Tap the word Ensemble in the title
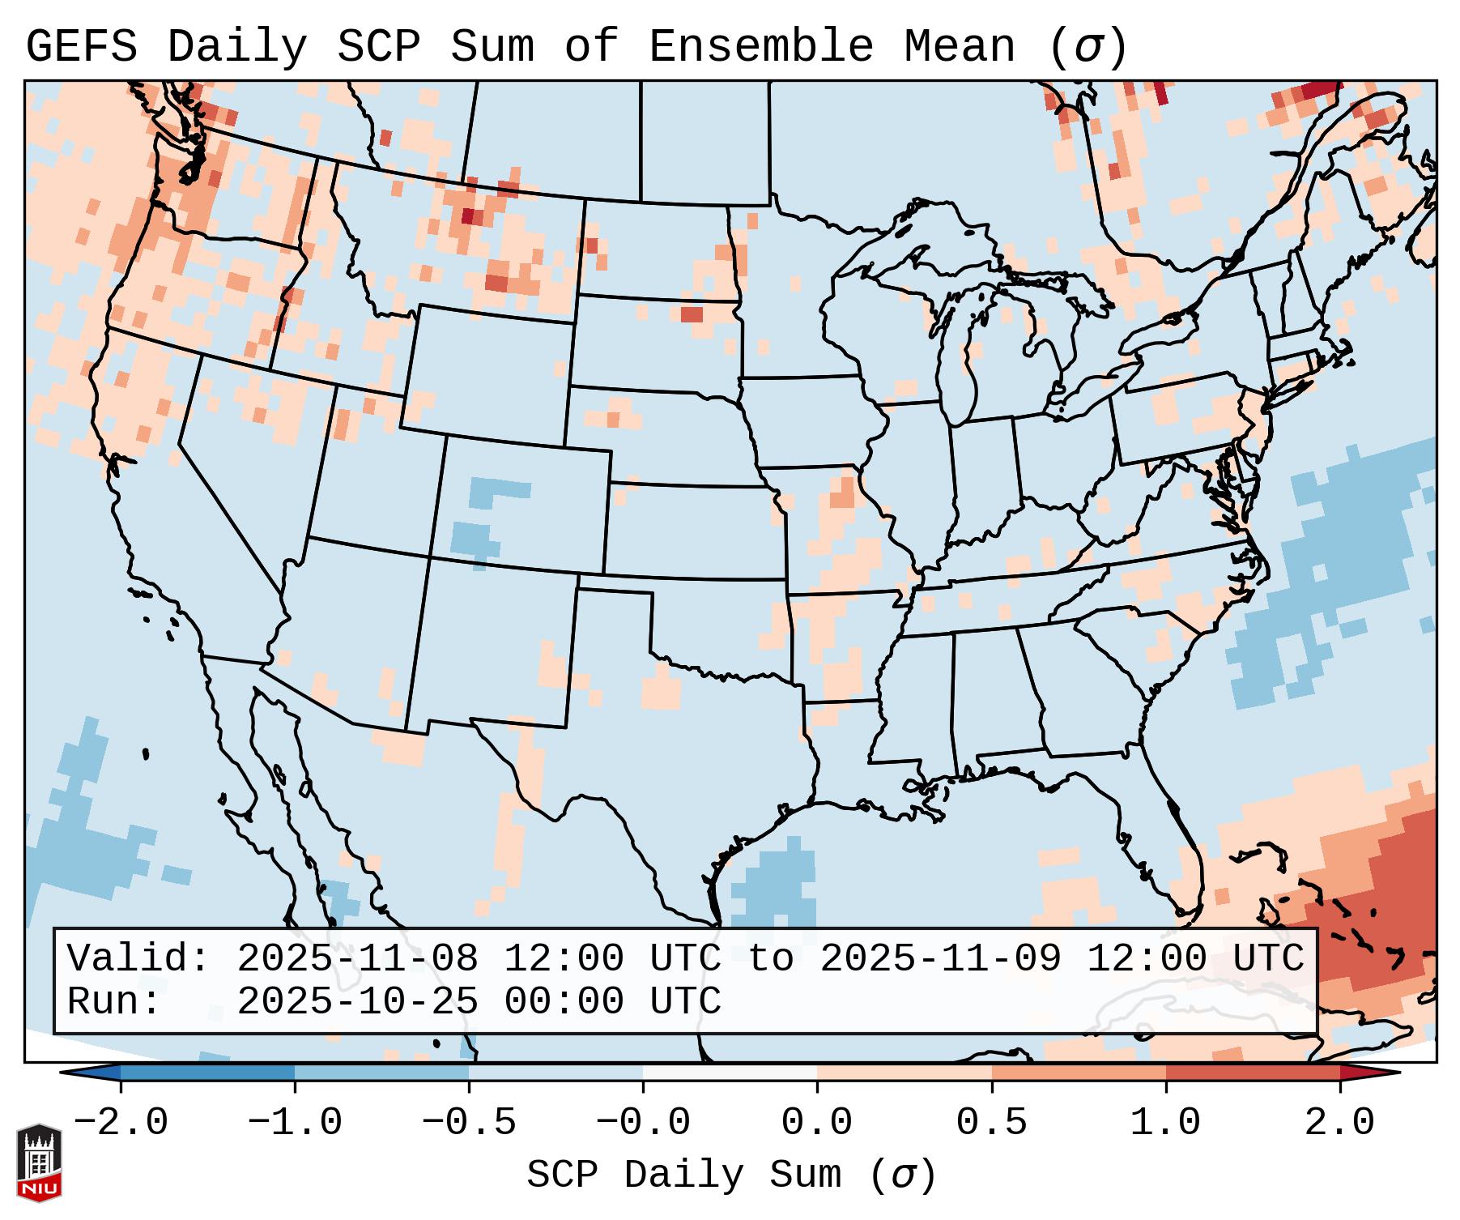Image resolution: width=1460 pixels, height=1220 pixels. (x=761, y=47)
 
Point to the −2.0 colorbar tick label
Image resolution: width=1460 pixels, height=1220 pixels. (x=121, y=1123)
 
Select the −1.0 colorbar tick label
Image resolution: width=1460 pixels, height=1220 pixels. (x=295, y=1123)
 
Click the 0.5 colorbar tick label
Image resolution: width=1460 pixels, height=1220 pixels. (x=992, y=1123)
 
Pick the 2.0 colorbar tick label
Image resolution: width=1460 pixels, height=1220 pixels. (x=1340, y=1123)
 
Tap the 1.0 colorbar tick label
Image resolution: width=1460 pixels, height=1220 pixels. (x=1166, y=1123)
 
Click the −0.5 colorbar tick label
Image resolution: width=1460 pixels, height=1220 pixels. (x=469, y=1123)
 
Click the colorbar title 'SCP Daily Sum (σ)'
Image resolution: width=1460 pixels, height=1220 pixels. (x=731, y=1175)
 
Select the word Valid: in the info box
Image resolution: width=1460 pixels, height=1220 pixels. (x=138, y=958)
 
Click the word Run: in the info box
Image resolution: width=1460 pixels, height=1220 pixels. (x=114, y=1001)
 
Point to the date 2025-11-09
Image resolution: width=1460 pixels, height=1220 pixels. (x=940, y=958)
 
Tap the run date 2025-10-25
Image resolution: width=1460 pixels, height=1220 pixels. (x=357, y=1001)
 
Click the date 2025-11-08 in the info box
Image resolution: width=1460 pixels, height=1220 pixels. (x=357, y=958)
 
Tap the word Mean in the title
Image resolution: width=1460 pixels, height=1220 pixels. (x=960, y=47)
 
